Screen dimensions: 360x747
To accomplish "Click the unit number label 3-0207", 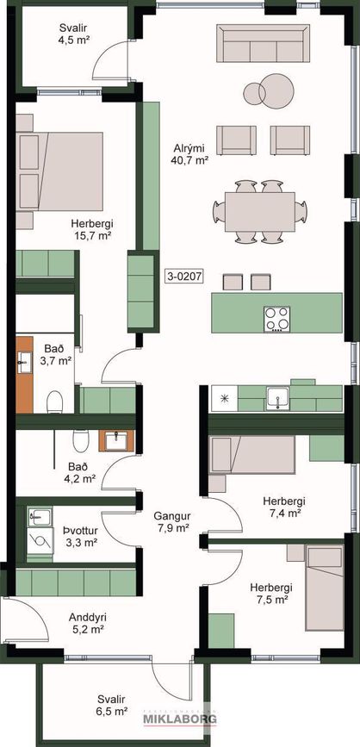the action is [184, 277].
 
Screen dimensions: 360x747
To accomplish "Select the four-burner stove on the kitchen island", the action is [277, 319].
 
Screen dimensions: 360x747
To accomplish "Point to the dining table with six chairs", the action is [260, 212].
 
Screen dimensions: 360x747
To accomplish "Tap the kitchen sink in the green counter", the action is [277, 398].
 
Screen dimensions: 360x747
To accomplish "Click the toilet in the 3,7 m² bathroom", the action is [55, 402].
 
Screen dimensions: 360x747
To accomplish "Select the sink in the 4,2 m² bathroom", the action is [116, 441].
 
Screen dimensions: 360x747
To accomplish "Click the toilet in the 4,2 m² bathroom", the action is [80, 440].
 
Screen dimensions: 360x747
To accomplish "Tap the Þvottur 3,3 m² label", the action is [80, 536].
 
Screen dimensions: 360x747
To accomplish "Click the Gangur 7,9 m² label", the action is [172, 521].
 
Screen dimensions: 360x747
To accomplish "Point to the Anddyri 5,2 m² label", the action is [88, 623].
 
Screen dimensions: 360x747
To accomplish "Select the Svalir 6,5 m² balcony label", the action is [111, 706].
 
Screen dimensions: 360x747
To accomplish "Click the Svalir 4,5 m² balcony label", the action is [74, 33].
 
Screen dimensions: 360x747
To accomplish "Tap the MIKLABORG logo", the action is [180, 718].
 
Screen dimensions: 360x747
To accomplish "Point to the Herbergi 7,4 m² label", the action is [284, 507].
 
